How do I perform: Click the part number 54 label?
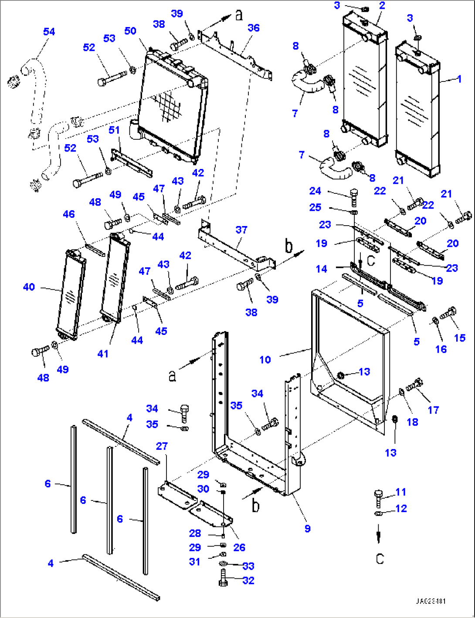pos(49,32)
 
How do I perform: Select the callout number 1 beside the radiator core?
pos(459,79)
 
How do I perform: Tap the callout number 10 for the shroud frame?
pos(265,360)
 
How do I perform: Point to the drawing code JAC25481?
pos(430,601)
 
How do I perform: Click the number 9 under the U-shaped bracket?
pos(308,528)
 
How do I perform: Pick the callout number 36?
pos(254,28)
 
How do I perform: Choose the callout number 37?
pos(241,230)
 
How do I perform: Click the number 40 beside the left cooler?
pos(29,287)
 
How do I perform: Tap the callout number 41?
pos(103,354)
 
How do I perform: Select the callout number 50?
pos(130,31)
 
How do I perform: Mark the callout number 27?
pos(162,446)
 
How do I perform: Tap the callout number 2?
pos(382,6)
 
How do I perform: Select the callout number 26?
pos(239,547)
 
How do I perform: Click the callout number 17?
pos(433,410)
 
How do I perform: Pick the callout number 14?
pos(322,269)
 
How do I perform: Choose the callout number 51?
pos(114,130)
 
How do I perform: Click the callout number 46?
pos(69,214)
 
